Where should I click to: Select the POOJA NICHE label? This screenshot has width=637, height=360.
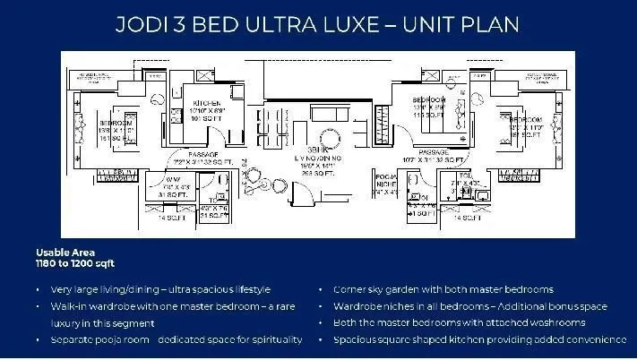(386, 182)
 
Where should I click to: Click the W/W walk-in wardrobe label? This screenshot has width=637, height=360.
(165, 182)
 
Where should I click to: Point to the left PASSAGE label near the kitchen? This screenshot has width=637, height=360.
(196, 154)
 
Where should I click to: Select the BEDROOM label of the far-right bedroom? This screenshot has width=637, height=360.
(526, 119)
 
